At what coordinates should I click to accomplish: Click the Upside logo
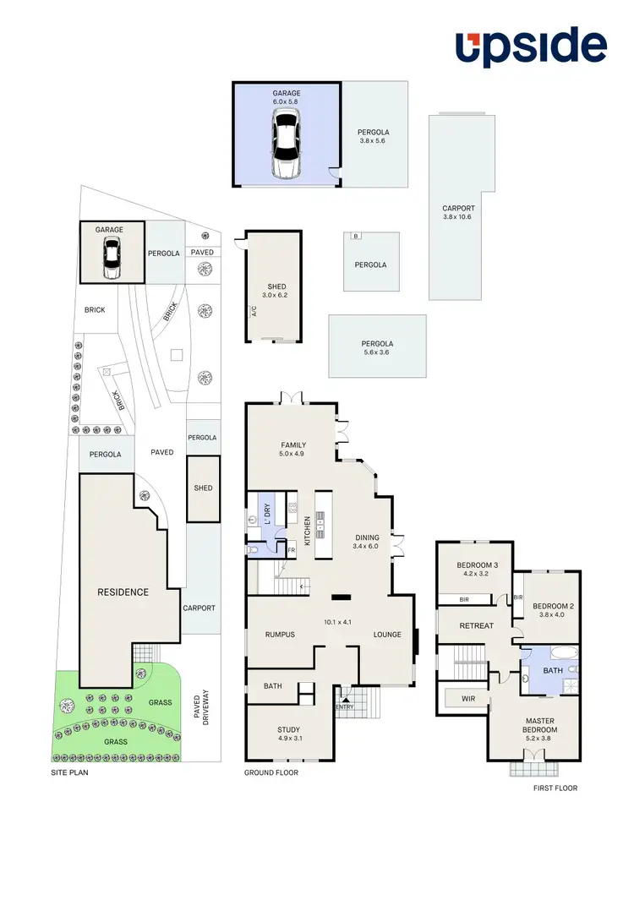(531, 48)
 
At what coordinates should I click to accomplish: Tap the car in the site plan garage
(111, 258)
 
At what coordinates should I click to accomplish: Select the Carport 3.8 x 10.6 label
(458, 212)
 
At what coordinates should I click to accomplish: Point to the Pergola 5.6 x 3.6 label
(377, 348)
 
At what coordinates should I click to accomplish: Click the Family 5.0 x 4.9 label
(293, 450)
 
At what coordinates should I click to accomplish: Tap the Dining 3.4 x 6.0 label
(368, 542)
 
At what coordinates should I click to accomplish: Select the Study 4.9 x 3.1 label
(289, 734)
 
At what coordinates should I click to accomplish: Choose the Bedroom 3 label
(477, 570)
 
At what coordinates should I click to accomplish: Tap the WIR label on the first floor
(467, 700)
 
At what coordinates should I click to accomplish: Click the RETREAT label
(476, 626)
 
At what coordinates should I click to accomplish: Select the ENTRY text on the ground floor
(344, 707)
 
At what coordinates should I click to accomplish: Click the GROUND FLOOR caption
(271, 772)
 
